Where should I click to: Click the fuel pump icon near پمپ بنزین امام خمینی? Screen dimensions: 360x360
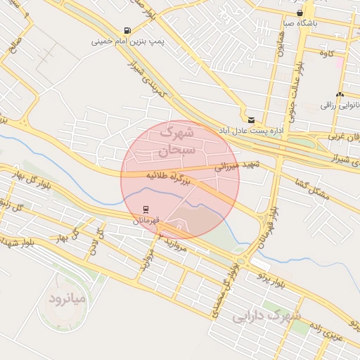(x=127, y=30)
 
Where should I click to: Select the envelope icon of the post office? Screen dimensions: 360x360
(x=251, y=120)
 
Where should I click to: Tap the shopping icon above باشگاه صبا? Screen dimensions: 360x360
(x=300, y=13)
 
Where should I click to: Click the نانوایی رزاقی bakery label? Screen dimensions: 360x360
(x=340, y=105)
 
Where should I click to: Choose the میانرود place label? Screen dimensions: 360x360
(x=67, y=300)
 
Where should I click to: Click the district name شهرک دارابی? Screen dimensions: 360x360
(x=266, y=316)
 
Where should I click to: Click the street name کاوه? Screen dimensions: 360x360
(x=326, y=53)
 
